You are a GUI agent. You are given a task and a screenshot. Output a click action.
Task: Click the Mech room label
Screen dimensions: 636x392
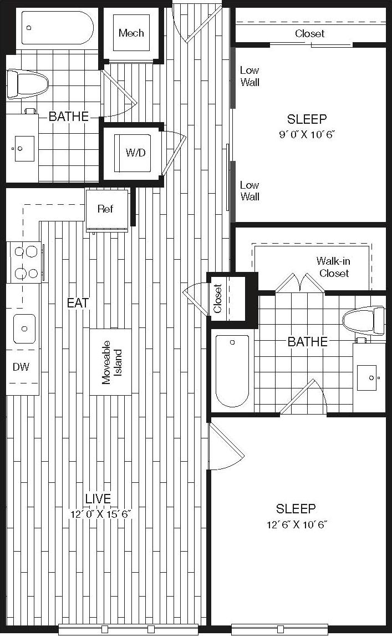coord(131,33)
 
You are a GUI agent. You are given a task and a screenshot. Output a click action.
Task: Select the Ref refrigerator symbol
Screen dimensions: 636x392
coord(105,209)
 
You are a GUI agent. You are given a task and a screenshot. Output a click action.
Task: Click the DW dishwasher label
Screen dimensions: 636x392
coord(21,367)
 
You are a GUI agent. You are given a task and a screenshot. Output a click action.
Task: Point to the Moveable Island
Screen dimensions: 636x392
coord(110,362)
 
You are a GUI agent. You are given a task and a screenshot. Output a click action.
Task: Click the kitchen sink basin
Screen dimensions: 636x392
coord(24,329)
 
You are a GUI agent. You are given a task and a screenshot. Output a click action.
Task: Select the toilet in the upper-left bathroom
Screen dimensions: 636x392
coord(26,84)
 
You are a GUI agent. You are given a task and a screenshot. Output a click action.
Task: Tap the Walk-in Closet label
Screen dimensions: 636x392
coord(333,267)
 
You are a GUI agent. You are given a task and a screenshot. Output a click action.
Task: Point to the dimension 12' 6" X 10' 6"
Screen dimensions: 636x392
coord(296,524)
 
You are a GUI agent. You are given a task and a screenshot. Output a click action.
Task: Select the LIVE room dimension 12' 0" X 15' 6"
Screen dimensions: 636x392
coord(100,514)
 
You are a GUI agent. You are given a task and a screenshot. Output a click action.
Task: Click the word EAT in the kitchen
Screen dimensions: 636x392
coord(78,303)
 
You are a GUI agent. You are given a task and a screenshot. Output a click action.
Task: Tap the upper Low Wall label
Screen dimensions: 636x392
coord(250,77)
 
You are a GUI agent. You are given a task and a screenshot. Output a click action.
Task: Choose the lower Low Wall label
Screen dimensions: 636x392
coord(250,191)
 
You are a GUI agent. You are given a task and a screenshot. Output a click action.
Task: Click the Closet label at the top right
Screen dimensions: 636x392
coord(309,34)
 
